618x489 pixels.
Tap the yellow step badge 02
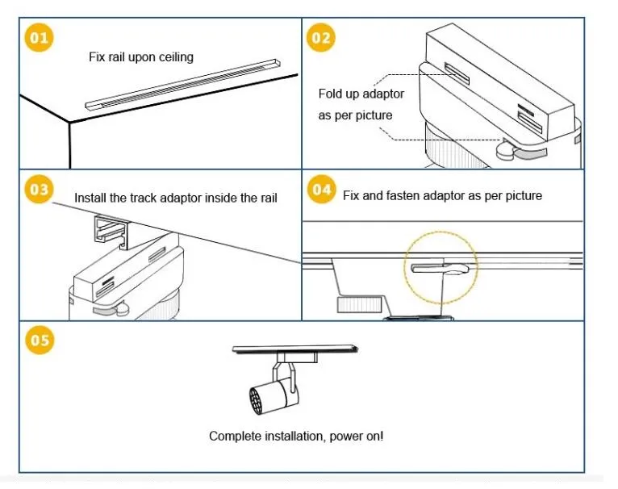[x=321, y=38]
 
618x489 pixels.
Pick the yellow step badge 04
[x=321, y=190]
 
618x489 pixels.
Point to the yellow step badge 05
[x=40, y=340]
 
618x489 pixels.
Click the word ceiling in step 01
[x=175, y=57]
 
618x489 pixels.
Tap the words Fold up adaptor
[x=361, y=94]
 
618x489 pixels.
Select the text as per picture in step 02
[x=355, y=115]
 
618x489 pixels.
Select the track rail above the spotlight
[x=294, y=348]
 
